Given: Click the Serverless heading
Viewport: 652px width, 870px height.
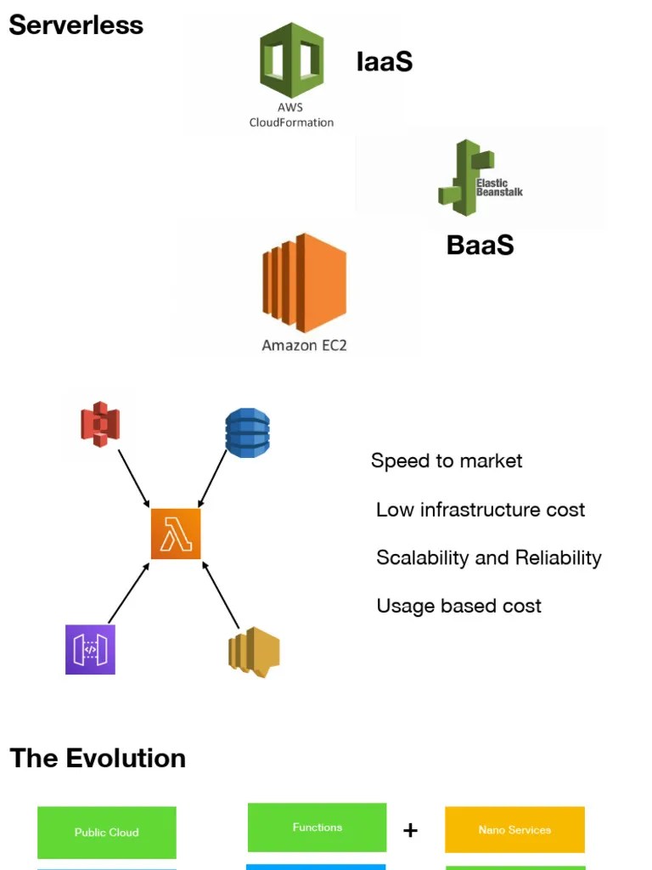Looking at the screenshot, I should (x=76, y=25).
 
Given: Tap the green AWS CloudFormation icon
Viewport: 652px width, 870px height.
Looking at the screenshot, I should (x=291, y=60).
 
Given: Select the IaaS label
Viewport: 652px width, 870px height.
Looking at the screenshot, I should (x=384, y=61).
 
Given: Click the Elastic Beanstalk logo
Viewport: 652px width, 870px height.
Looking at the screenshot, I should (x=479, y=178).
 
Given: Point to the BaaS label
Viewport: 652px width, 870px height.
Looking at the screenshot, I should (x=480, y=245).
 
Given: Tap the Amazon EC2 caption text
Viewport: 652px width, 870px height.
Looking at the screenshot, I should (x=304, y=346).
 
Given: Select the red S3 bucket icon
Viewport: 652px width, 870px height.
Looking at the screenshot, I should (x=100, y=424).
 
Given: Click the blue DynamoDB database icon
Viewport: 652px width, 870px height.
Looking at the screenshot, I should (x=247, y=433).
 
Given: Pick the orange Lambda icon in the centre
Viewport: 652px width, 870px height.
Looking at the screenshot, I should (x=176, y=534).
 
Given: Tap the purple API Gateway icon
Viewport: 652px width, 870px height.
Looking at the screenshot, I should (x=90, y=650).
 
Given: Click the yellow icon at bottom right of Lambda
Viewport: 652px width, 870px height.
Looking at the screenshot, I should (x=254, y=652).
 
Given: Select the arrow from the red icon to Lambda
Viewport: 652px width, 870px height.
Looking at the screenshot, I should (x=133, y=477).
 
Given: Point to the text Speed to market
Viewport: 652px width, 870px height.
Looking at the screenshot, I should (x=447, y=461).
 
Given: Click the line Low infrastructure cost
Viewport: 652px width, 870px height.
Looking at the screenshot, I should (x=481, y=510).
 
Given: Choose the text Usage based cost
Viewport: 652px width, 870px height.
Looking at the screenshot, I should (x=458, y=606).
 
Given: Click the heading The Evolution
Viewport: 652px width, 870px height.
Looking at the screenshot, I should (x=98, y=758).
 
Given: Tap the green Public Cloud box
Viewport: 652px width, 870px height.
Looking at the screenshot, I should (x=107, y=832).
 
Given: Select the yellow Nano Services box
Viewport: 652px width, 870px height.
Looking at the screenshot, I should (x=514, y=829).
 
